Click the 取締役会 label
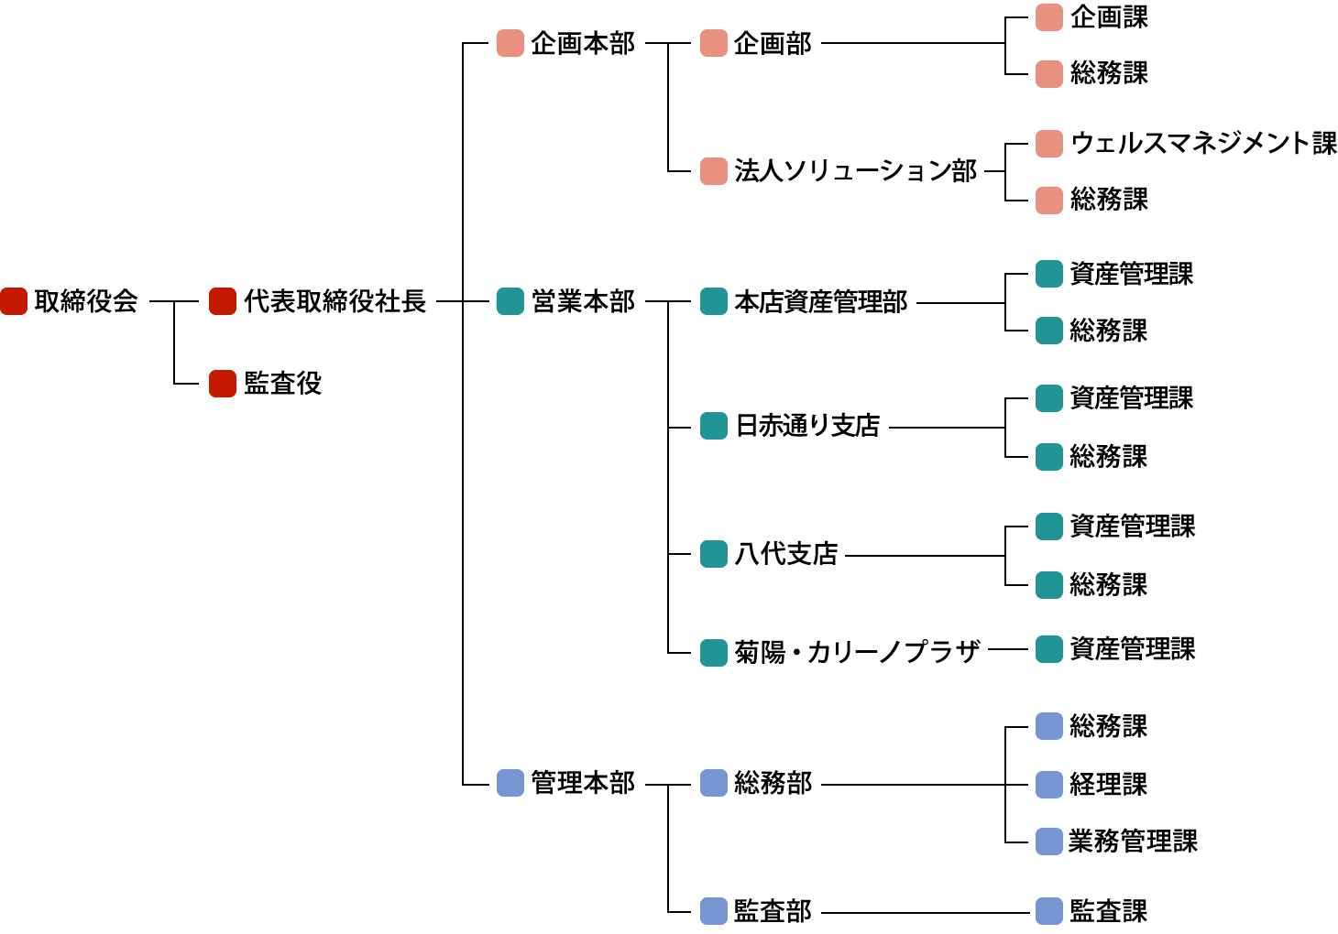pyautogui.click(x=86, y=301)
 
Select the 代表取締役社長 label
pyautogui.click(x=334, y=301)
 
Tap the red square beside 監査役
pyautogui.click(x=223, y=384)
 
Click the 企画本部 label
pyautogui.click(x=583, y=43)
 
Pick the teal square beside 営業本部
pyautogui.click(x=510, y=301)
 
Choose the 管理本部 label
pyautogui.click(x=583, y=783)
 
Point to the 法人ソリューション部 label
pyautogui.click(x=855, y=171)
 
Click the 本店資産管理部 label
pyautogui.click(x=820, y=301)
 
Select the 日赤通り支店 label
pyautogui.click(x=807, y=426)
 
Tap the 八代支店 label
pyautogui.click(x=786, y=554)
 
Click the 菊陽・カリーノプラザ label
pyautogui.click(x=857, y=652)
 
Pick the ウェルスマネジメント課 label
pyautogui.click(x=1203, y=143)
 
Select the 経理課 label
pyautogui.click(x=1108, y=784)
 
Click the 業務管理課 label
pyautogui.click(x=1133, y=841)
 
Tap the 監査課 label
pyautogui.click(x=1108, y=911)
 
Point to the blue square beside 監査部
pyautogui.click(x=714, y=911)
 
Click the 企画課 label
pyautogui.click(x=1109, y=17)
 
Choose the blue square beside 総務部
pyautogui.click(x=714, y=783)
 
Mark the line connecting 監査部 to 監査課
pyautogui.click(x=926, y=912)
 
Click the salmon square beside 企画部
pyautogui.click(x=714, y=43)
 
